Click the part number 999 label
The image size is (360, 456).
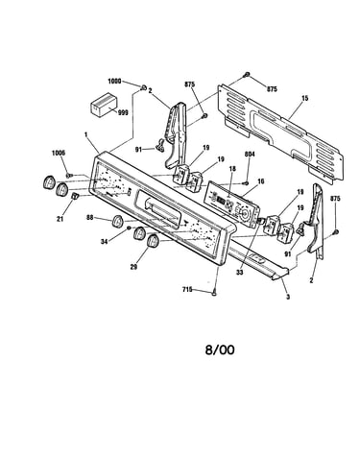pos(123,112)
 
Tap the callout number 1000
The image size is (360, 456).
pos(114,82)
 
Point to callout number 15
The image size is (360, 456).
pos(304,98)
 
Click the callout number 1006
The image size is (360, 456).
pos(59,153)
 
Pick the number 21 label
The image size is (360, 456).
pos(60,219)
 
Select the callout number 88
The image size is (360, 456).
pos(90,217)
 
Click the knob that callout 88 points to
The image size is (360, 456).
pos(117,221)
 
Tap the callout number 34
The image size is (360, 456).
pos(104,242)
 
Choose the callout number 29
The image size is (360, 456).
pos(133,266)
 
